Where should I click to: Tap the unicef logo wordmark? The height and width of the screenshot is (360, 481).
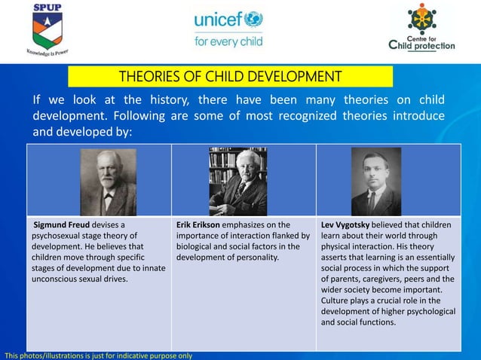(228, 20)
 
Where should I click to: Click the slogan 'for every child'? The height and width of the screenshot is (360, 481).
(228, 41)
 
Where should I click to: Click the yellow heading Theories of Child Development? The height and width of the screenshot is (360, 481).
(230, 76)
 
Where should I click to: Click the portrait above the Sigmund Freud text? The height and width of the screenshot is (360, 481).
(108, 182)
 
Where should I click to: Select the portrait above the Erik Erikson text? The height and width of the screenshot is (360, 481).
(237, 182)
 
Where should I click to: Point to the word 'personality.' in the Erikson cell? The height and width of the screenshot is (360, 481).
(257, 258)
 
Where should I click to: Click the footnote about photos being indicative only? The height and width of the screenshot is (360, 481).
(98, 355)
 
